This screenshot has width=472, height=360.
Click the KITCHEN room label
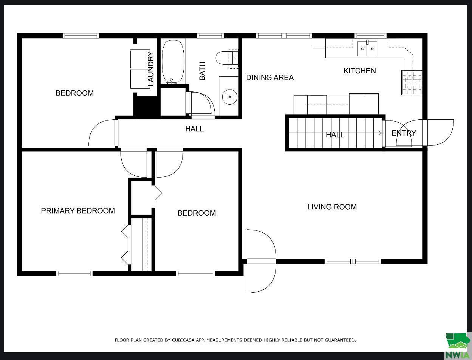pos(359,71)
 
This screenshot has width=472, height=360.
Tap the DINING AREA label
pos(270,77)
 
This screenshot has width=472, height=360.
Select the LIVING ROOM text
pos(332,207)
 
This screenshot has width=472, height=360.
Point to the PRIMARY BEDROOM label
pos(78,211)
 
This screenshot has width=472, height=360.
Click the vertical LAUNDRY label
pos(150,69)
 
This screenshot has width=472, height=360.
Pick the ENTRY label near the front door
pos(404,133)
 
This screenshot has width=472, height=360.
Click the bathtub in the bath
pos(173,62)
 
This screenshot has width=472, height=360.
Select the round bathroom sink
pos(229,97)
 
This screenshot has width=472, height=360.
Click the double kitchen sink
pos(367,49)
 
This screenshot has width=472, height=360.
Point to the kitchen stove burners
pos(412,83)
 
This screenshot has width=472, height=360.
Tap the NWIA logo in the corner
pos(457,346)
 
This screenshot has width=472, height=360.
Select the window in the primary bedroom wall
pos(74,273)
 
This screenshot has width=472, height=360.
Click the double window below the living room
pos(353,261)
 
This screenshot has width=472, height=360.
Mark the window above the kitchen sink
pos(370,36)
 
